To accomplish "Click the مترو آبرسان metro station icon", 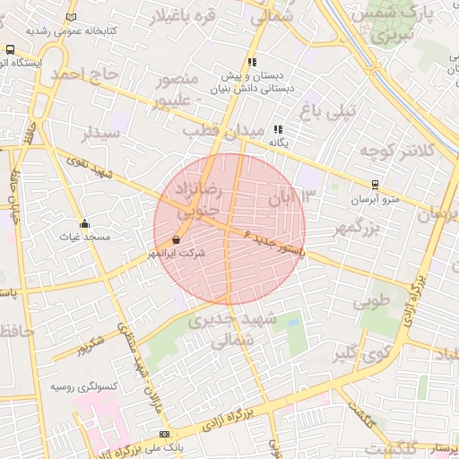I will click(361, 186).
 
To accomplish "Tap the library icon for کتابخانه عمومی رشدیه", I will click(72, 16).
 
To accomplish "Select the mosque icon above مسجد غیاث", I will click(85, 223).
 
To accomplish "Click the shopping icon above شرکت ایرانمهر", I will click(176, 240).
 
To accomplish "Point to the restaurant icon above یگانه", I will click(278, 129).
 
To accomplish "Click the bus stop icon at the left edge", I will click(9, 50).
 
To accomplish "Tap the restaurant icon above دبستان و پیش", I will click(253, 63).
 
